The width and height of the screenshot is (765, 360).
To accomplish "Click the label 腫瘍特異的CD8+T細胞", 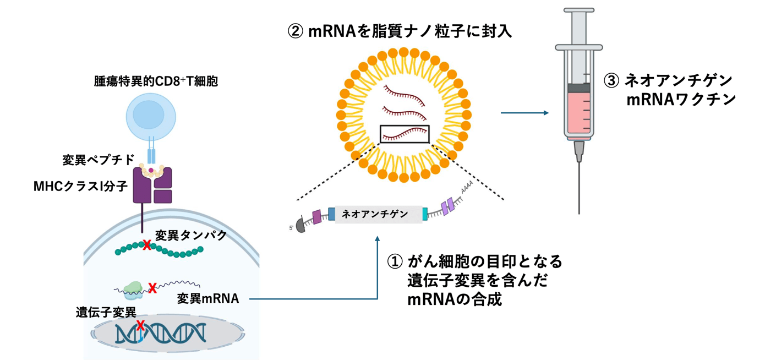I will (156, 82).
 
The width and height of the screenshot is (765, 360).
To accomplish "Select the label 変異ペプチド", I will (99, 160).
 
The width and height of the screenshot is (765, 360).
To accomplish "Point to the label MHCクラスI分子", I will (80, 186).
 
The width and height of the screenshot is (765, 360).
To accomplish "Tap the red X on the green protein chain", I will (146, 245).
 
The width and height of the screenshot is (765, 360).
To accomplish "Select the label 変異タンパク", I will (191, 235).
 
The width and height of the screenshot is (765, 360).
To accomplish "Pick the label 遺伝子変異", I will (106, 312).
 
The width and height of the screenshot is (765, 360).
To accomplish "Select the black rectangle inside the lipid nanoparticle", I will (404, 134).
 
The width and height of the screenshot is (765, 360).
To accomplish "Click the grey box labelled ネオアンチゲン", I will (379, 214).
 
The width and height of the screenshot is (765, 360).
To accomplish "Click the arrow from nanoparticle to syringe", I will (524, 113).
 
